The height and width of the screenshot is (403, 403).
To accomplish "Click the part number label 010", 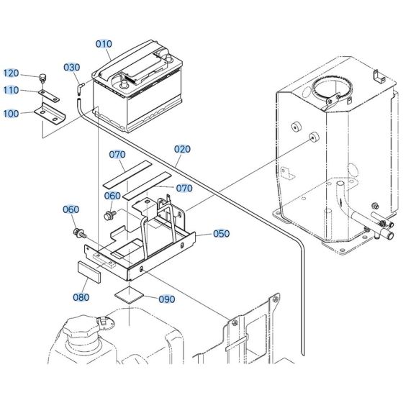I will [x=104, y=44].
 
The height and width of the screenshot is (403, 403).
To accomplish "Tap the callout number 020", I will [x=182, y=150].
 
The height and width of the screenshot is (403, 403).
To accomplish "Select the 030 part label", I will [x=72, y=67].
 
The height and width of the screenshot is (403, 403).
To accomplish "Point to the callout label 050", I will [x=222, y=234].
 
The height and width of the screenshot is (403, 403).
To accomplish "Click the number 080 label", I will [x=81, y=296].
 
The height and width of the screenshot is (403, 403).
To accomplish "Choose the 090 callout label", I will [x=166, y=299].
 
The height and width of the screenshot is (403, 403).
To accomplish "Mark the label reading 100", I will [x=12, y=114].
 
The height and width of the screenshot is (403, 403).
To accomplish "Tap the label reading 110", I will [x=12, y=90].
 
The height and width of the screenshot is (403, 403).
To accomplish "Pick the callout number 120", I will [x=12, y=73].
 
